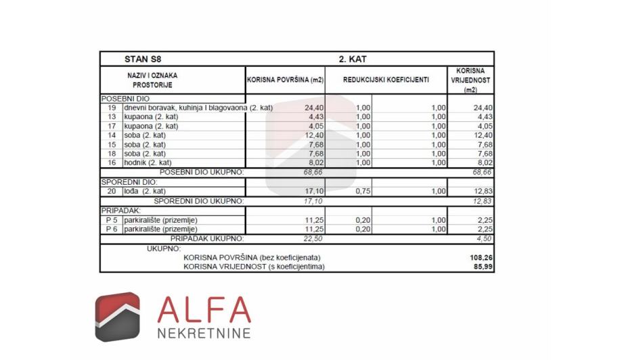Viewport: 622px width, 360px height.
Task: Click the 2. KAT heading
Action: click(x=353, y=59)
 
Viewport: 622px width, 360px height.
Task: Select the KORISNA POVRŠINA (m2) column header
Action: click(x=285, y=80)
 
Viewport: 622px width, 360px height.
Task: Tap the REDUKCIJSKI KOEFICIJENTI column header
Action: click(x=386, y=80)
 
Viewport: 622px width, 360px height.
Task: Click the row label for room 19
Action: click(x=112, y=108)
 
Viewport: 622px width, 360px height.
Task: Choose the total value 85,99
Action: click(x=482, y=267)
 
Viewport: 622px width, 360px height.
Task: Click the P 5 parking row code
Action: click(x=111, y=220)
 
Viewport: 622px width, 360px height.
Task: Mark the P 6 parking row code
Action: click(x=111, y=229)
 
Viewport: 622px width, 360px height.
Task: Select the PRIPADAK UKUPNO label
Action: click(x=206, y=238)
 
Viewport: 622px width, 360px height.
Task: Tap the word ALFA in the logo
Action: click(x=204, y=310)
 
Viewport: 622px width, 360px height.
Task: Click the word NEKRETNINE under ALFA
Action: click(x=204, y=333)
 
